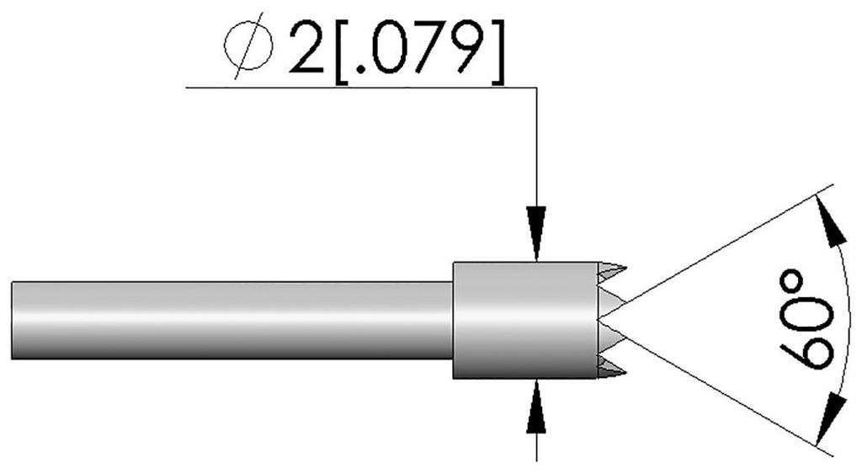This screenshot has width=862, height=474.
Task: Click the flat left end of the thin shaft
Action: [13, 320]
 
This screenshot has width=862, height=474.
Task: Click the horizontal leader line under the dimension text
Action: [354, 87]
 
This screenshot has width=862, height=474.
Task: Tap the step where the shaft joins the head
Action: [454, 320]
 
